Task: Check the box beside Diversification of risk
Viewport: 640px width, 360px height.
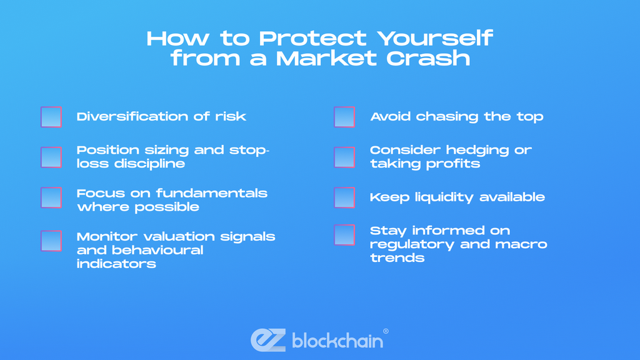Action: coord(51,117)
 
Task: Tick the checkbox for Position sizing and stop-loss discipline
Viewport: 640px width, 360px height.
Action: coord(51,157)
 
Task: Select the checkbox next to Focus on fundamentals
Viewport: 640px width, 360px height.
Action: coord(51,198)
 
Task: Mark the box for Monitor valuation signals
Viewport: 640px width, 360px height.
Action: coord(51,241)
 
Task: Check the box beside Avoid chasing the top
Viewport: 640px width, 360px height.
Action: coord(344,117)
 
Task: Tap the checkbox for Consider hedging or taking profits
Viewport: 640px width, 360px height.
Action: coord(344,157)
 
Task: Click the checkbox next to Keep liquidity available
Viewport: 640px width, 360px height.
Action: coord(344,197)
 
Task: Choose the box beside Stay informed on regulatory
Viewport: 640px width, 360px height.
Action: coord(344,235)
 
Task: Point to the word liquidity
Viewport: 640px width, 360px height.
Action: coord(436,197)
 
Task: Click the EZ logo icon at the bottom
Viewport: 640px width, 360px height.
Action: coord(268,340)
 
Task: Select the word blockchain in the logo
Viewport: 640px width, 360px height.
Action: coord(337,341)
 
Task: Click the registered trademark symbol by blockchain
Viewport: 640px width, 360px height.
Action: coord(386,331)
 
